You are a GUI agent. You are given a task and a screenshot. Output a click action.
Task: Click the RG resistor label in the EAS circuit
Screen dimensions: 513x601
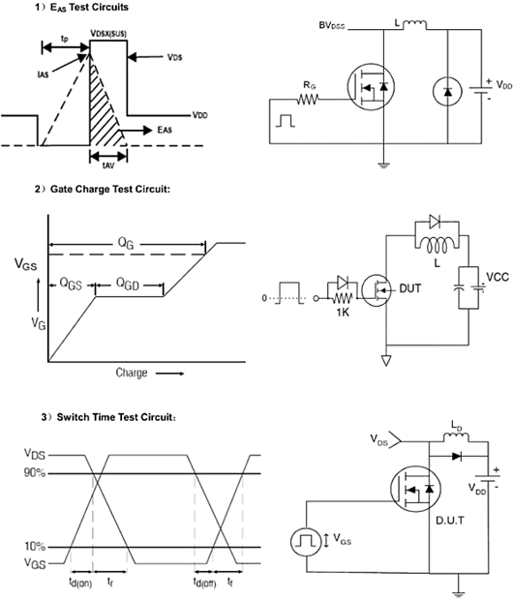tap(310, 85)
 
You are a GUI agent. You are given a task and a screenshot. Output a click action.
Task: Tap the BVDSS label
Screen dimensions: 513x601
tap(332, 26)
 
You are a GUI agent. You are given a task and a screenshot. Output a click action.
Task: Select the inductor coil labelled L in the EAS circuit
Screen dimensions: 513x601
tap(414, 25)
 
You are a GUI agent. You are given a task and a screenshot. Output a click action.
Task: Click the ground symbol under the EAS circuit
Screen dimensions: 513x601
tap(383, 165)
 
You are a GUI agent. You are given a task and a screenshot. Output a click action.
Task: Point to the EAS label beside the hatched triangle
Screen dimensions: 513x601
tap(165, 130)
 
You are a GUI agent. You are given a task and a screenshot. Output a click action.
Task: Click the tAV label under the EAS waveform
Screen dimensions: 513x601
tap(108, 165)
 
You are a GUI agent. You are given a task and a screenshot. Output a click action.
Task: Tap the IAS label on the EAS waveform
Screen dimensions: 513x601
tap(43, 75)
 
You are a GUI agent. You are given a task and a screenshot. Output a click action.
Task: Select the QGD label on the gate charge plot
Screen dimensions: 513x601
tap(128, 284)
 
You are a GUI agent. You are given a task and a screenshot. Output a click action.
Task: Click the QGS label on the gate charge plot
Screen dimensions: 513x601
tap(71, 284)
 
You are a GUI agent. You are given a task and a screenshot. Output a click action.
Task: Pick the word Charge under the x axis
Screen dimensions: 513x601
tap(132, 373)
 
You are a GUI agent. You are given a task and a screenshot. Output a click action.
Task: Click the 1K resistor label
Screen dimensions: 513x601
tap(343, 313)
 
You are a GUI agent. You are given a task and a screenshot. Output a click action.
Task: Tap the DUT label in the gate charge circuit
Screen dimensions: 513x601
tap(409, 288)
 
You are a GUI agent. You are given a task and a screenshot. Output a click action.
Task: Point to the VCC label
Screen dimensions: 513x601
tap(498, 277)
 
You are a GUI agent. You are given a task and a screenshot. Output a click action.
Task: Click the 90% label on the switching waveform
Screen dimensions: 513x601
tap(35, 472)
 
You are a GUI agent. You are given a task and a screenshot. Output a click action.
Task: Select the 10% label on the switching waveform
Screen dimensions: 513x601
tap(35, 546)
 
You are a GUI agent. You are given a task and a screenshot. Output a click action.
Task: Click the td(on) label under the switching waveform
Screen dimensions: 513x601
tap(80, 583)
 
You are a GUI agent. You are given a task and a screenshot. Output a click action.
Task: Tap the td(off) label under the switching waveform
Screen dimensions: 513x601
tap(204, 583)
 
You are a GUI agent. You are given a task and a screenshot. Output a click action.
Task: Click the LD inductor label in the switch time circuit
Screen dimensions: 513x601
tap(456, 426)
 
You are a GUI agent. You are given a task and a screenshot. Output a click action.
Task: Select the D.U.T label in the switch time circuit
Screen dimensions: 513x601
tap(450, 520)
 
